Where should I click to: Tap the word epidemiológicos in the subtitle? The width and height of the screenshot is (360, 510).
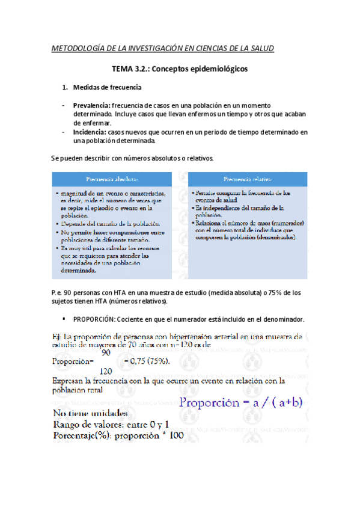217,69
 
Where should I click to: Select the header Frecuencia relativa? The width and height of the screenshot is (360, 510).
247,179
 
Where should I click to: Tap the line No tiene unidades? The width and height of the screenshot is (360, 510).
91,414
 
